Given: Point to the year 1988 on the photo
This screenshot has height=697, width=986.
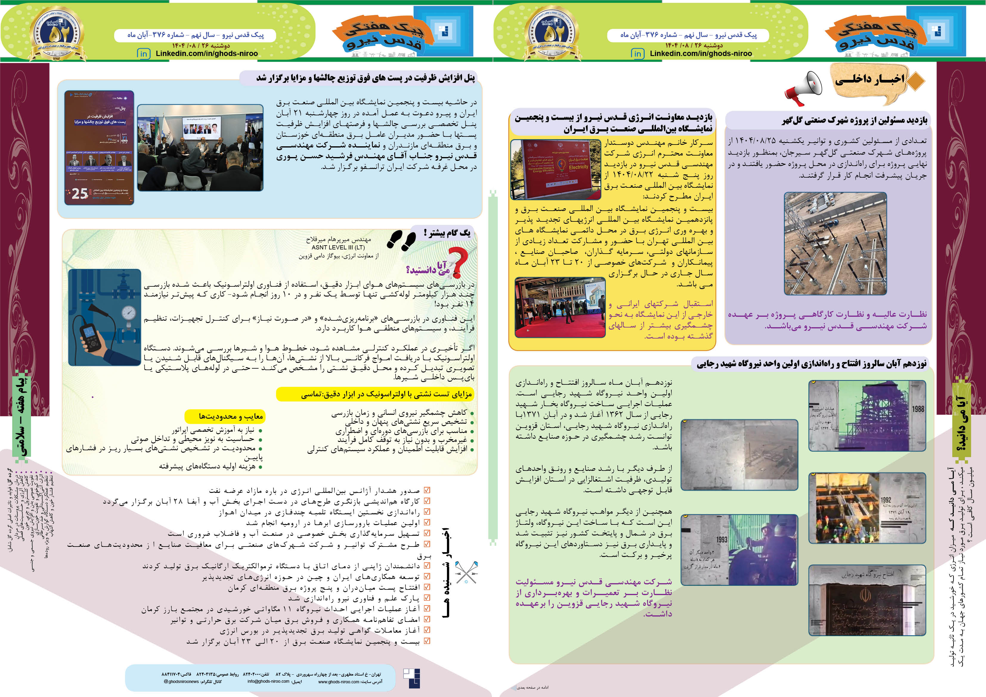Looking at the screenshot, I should [918, 409].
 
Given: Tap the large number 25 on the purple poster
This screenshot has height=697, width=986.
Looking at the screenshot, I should [79, 194].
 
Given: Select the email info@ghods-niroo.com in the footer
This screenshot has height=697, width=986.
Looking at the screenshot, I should [268, 681].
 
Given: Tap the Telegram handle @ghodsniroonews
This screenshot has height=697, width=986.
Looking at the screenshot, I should [181, 682].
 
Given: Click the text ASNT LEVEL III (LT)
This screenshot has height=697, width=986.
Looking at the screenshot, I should [338, 248].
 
